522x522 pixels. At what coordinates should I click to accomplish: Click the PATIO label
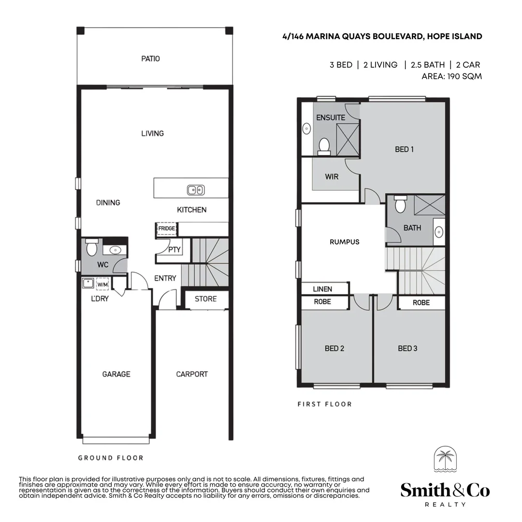click(x=150, y=58)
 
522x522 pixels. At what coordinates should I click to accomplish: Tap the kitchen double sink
click(x=196, y=190)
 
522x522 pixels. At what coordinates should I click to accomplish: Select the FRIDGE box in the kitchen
click(x=166, y=229)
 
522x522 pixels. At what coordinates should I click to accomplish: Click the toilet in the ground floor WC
click(x=91, y=249)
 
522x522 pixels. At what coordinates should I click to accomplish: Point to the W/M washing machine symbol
click(x=102, y=284)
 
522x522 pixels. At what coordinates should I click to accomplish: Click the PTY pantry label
click(x=174, y=250)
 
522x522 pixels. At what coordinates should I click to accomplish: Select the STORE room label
click(x=205, y=299)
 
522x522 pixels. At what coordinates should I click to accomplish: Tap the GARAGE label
click(x=116, y=374)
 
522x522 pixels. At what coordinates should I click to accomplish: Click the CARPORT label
click(x=192, y=374)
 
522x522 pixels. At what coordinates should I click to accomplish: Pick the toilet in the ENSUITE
click(x=324, y=145)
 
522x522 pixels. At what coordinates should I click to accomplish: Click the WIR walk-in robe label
click(x=332, y=176)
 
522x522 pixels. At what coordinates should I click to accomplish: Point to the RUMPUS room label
click(x=345, y=242)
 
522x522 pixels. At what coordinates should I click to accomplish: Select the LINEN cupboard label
click(x=322, y=289)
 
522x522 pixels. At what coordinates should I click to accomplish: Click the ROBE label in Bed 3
click(x=421, y=303)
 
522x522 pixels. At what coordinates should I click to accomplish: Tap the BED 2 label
click(x=334, y=348)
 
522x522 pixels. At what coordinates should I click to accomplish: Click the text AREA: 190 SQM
click(x=451, y=76)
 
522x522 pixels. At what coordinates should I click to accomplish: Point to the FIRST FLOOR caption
click(x=324, y=404)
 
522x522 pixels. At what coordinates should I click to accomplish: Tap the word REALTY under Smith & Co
click(x=445, y=504)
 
